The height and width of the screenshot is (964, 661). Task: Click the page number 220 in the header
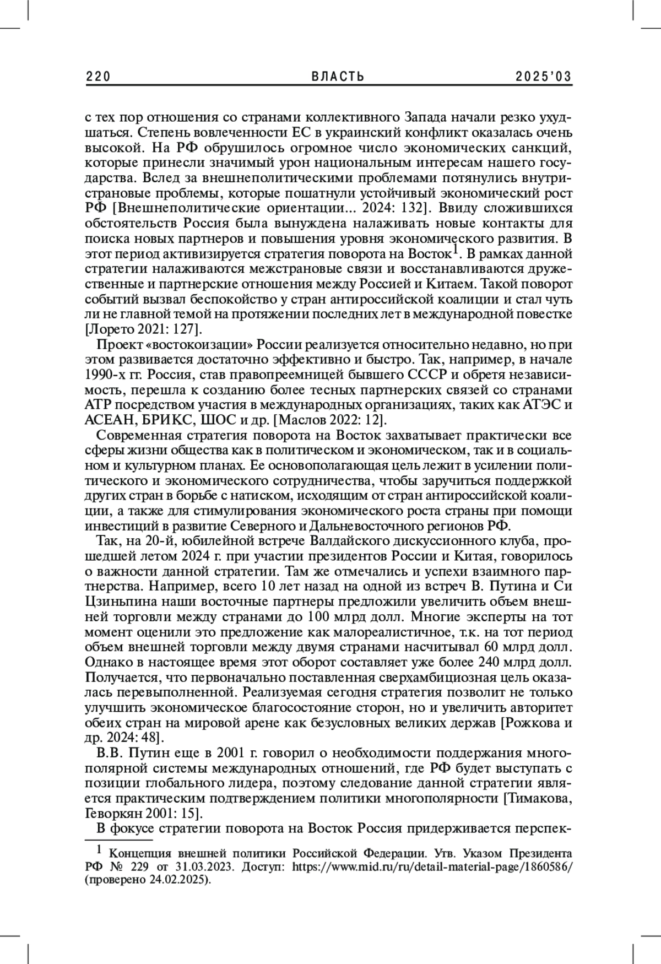(99, 77)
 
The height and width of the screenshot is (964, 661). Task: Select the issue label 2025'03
(544, 77)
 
